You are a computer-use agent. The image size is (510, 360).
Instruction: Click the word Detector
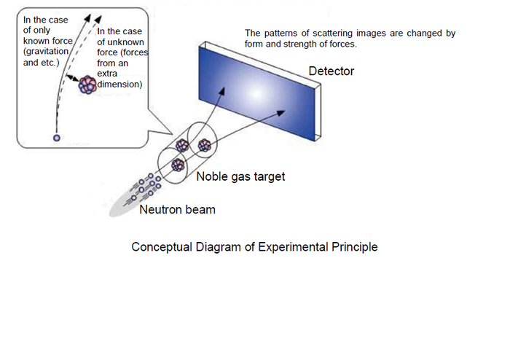[331, 71]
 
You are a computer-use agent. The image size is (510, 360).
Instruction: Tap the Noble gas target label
[241, 176]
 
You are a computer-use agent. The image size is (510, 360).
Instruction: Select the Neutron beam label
[177, 210]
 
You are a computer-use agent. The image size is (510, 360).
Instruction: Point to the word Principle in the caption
[353, 246]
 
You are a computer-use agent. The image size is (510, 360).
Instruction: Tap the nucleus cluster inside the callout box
[88, 85]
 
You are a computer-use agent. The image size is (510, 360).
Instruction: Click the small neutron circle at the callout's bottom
[56, 137]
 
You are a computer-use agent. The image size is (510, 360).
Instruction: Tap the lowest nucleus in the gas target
[177, 165]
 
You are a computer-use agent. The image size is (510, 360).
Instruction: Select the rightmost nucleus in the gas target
[205, 145]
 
